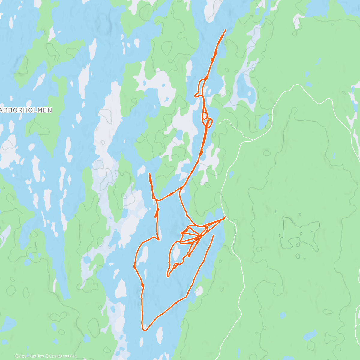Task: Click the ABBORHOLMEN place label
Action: [26, 110]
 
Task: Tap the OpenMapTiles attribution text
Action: [31, 356]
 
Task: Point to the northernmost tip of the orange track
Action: [225, 30]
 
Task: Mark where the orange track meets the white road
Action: [225, 217]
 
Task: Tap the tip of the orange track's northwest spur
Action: [149, 174]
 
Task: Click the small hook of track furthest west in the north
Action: [196, 96]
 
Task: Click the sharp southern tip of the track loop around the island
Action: [168, 276]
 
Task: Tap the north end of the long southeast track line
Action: [214, 235]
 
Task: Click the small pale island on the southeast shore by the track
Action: [198, 290]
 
